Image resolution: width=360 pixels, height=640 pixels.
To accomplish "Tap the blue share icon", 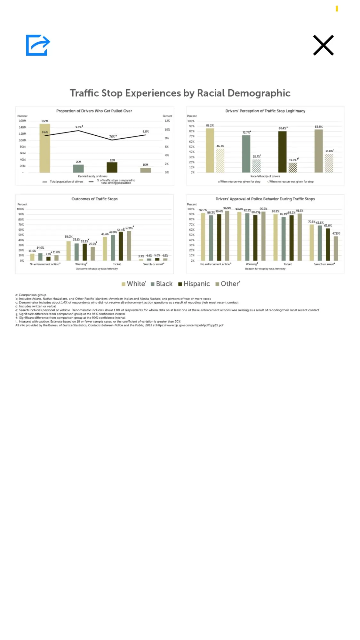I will point(38,45).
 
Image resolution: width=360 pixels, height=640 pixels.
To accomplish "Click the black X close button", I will point(323,45).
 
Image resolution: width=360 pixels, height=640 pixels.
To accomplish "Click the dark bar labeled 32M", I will point(112,167).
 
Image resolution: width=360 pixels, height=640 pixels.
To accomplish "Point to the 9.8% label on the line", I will point(79,127).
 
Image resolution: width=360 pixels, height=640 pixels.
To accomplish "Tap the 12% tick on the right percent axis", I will point(167,121).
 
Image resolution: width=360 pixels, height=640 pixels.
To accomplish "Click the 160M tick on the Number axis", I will point(22,121).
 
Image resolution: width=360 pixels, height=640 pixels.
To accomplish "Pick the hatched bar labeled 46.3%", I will point(220,161).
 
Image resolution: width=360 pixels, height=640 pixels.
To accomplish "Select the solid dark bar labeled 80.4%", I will point(282,152).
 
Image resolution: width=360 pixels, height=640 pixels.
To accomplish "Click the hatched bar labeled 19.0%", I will point(292,168).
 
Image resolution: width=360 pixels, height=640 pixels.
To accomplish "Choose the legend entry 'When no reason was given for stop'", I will point(291,182).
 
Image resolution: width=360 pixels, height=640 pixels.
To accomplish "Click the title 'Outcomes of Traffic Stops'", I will point(94,199).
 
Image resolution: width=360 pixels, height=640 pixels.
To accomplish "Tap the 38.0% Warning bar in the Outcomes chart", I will point(68,251).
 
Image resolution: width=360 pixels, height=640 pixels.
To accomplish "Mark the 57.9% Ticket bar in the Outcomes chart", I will point(129,245).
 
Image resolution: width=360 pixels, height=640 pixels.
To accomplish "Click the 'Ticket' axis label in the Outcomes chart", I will point(117,264).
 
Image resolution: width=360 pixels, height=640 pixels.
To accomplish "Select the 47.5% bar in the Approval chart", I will point(336,248).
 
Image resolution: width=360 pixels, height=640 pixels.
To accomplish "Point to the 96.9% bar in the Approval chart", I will point(227,236).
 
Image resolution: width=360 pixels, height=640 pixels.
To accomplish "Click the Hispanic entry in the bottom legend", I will point(194,284).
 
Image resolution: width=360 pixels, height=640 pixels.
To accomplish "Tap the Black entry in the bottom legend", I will point(162,284).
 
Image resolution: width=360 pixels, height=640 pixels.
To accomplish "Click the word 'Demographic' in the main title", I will point(259,93).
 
